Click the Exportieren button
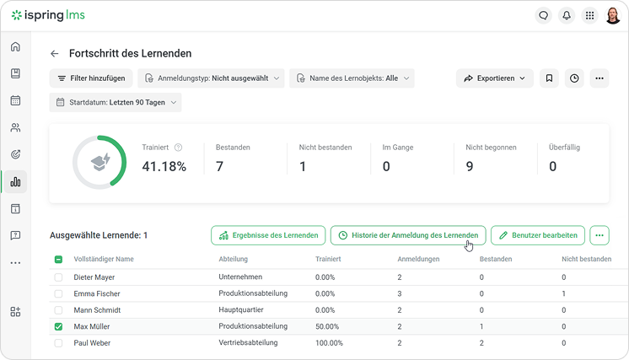(x=495, y=78)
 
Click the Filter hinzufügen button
(x=91, y=78)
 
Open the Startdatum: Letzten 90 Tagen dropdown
(x=116, y=102)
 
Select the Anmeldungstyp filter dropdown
(x=211, y=78)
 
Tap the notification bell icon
(x=567, y=16)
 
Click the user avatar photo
(x=612, y=16)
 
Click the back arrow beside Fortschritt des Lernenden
(x=55, y=54)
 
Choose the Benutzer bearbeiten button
(x=538, y=235)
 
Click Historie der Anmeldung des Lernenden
(x=408, y=235)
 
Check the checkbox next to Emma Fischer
(x=58, y=294)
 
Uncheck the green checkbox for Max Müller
(x=58, y=327)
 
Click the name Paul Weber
(x=92, y=343)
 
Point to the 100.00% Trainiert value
(x=329, y=343)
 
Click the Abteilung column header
(x=233, y=259)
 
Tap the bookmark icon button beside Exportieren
(x=549, y=78)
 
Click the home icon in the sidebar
(x=15, y=46)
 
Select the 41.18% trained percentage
(x=164, y=166)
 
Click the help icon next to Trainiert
(x=178, y=148)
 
